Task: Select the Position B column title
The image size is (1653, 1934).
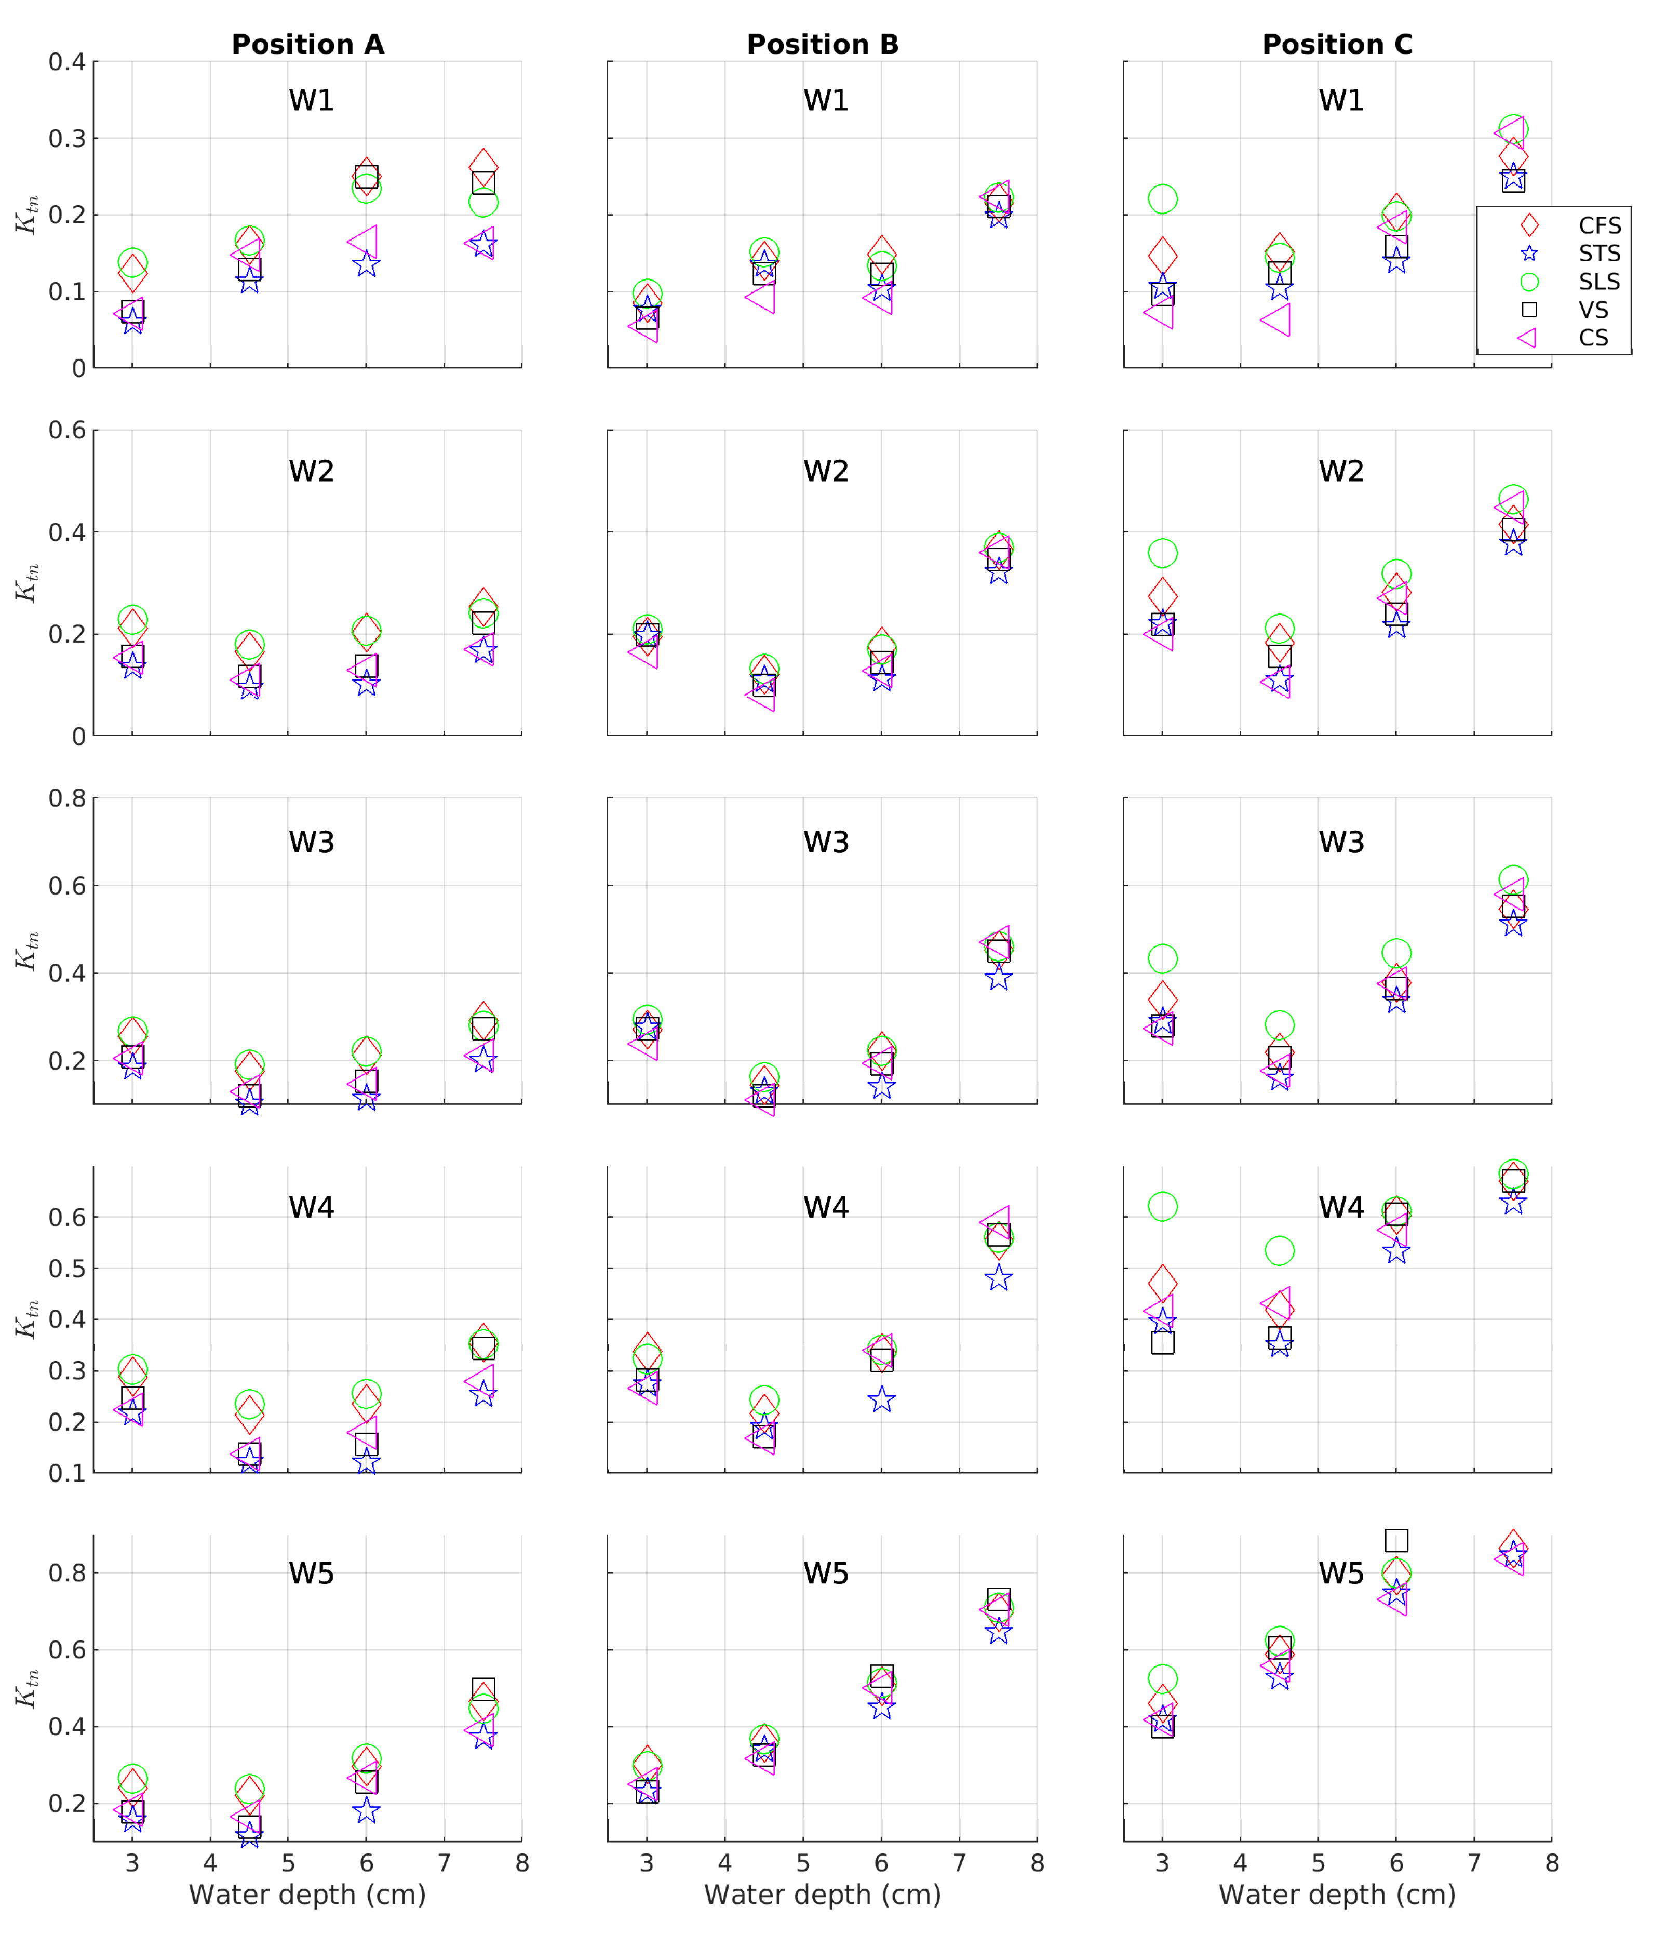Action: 822,45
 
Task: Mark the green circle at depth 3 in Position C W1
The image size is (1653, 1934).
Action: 1162,199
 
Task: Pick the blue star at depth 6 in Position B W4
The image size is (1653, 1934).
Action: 882,1400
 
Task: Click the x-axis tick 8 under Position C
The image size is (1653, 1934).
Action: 1551,1864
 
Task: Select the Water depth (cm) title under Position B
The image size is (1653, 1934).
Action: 822,1895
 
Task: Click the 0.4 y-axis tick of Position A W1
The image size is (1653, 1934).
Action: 67,62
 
